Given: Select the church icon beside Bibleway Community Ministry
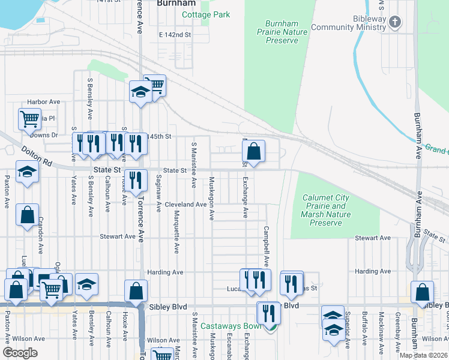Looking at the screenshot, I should (394, 23).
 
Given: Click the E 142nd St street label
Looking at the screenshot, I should (175, 35).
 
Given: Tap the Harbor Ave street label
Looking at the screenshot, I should (43, 102).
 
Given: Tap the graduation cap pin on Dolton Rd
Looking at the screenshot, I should (27, 173).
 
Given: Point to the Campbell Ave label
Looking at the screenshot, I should (265, 246).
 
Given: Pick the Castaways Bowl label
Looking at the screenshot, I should (231, 326).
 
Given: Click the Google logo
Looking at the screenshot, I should (20, 353).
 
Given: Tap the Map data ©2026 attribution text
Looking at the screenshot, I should (423, 355).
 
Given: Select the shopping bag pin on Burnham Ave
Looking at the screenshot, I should (422, 292).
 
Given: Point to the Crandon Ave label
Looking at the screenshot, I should (41, 230).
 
